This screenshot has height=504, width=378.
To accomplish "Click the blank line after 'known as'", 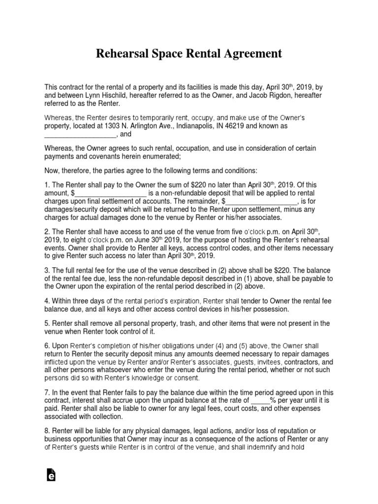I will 80,134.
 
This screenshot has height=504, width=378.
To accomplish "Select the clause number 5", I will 47,323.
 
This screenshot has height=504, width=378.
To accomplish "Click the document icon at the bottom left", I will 50,474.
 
